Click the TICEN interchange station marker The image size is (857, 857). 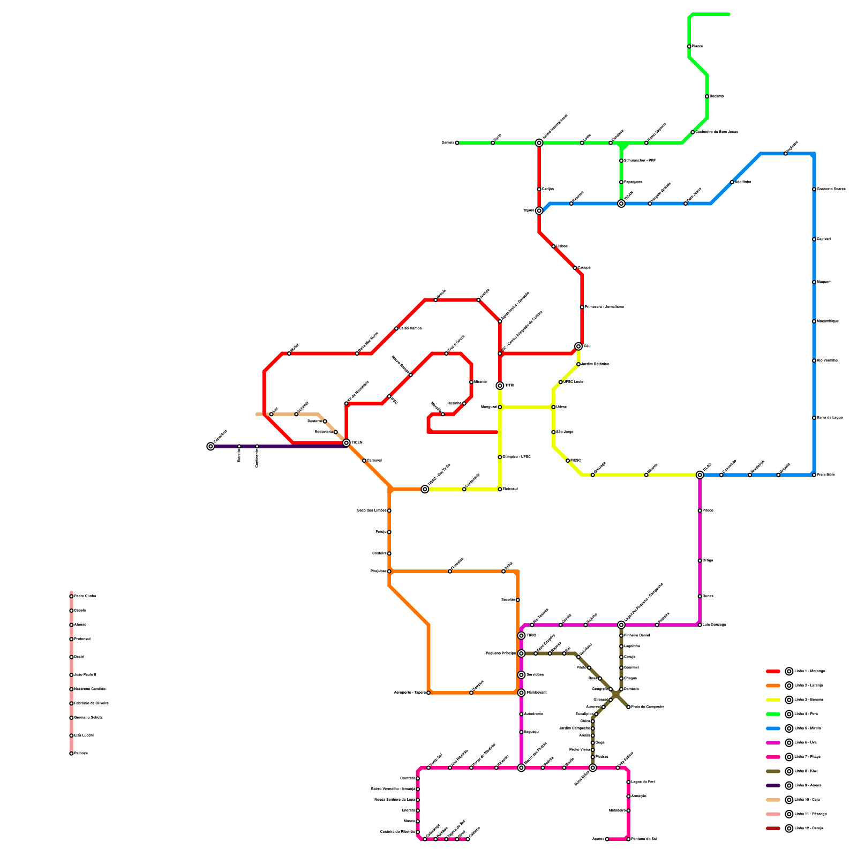(x=347, y=443)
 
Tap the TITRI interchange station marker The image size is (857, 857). (x=500, y=386)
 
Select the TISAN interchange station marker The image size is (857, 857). (x=539, y=211)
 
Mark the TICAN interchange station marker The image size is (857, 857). (x=621, y=204)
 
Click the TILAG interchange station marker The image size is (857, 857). (x=700, y=475)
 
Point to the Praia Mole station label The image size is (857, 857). (x=825, y=475)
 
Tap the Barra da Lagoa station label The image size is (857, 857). (x=830, y=418)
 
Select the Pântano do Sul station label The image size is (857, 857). (x=644, y=839)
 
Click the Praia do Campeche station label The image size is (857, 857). (x=648, y=707)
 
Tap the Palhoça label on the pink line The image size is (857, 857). (x=80, y=754)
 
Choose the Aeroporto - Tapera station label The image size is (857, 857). (x=410, y=693)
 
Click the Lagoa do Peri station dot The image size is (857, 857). (x=628, y=782)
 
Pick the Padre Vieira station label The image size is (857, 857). (x=579, y=750)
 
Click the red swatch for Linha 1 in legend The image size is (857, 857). (x=773, y=671)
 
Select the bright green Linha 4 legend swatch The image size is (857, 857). (x=773, y=714)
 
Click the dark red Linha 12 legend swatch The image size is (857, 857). (x=773, y=829)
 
